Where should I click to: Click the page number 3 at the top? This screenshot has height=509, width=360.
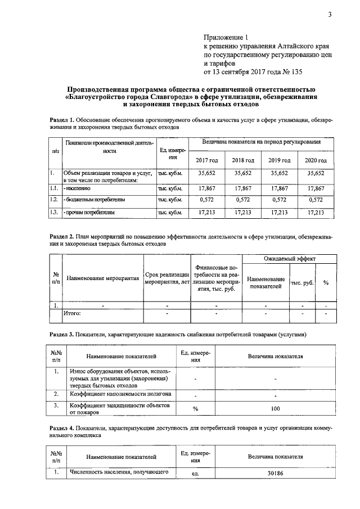tap(330, 15)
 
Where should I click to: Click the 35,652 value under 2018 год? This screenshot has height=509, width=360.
tap(244, 174)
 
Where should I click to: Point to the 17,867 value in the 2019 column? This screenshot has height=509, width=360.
tap(280, 189)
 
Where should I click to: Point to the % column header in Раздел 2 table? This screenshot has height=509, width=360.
tap(326, 282)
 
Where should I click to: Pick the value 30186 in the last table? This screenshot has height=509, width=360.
tap(276, 474)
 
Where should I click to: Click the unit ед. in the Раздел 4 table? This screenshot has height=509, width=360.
tap(196, 474)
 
